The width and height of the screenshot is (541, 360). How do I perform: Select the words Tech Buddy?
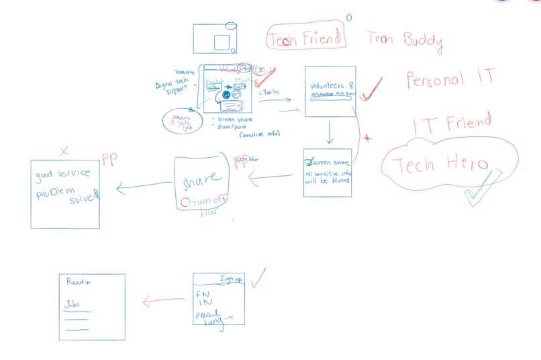[x=404, y=40]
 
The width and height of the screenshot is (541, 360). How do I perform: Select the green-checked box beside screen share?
[x=309, y=163]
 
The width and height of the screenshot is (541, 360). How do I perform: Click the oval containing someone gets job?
[x=183, y=122]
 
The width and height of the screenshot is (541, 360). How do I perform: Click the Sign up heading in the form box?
[x=230, y=278]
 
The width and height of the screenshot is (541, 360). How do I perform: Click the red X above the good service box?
[x=64, y=152]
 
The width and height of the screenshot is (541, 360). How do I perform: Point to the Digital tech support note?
[x=172, y=88]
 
